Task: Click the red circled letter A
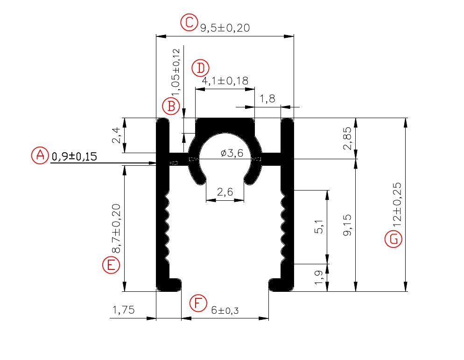[x=40, y=155]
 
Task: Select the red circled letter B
[x=171, y=106]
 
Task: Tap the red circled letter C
[x=189, y=22]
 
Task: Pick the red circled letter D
[x=201, y=68]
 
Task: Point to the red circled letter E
[x=111, y=265]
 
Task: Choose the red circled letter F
[x=198, y=304]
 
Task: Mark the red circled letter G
[x=393, y=239]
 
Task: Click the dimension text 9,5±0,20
[x=225, y=28]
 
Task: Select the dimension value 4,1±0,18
[x=225, y=81]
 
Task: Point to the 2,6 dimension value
[x=225, y=191]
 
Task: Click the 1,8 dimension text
[x=267, y=99]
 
